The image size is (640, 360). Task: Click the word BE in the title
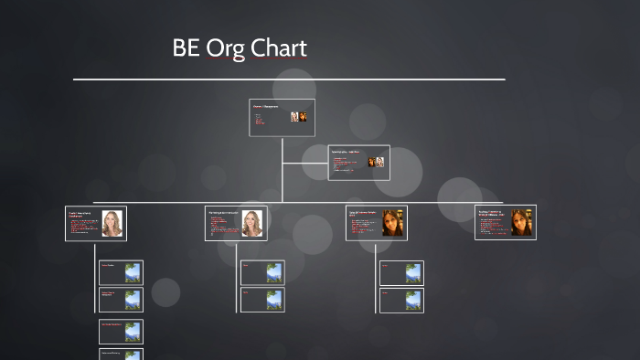pyautogui.click(x=187, y=48)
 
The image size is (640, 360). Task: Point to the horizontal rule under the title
pyautogui.click(x=289, y=79)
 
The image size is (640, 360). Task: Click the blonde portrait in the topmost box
pyautogui.click(x=295, y=117)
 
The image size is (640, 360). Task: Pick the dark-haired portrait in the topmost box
pyautogui.click(x=304, y=117)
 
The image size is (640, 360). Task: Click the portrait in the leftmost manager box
pyautogui.click(x=112, y=223)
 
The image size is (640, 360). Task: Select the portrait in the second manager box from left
pyautogui.click(x=251, y=223)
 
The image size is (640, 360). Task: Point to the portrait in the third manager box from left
pyautogui.click(x=393, y=223)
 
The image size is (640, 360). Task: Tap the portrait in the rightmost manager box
pyautogui.click(x=522, y=223)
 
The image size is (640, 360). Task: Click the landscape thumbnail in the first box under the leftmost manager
pyautogui.click(x=133, y=272)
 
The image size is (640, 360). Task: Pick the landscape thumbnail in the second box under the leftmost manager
pyautogui.click(x=133, y=300)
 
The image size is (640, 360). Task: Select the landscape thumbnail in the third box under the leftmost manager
pyautogui.click(x=133, y=331)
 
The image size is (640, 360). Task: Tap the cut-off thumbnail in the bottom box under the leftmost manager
pyautogui.click(x=133, y=355)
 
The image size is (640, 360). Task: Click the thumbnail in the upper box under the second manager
pyautogui.click(x=273, y=272)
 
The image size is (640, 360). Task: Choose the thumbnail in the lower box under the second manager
pyautogui.click(x=273, y=300)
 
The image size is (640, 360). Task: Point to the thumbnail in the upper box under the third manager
pyautogui.click(x=412, y=272)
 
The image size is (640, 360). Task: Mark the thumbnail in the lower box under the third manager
pyautogui.click(x=412, y=300)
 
